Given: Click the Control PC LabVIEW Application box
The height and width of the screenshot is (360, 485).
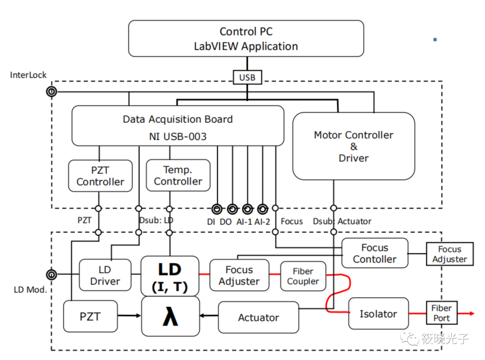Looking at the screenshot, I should coord(246,39).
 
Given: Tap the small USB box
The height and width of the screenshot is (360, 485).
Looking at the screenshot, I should coord(247,77).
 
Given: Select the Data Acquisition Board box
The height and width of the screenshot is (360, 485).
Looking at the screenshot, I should coord(178,126).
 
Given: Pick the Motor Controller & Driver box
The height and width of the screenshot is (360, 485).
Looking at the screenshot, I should coord(353,146).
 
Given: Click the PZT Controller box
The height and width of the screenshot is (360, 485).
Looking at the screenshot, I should coord(100,176).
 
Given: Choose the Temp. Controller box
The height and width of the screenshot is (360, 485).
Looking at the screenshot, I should coord(178,176).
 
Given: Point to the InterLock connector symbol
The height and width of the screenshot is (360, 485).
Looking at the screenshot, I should coord(51,92).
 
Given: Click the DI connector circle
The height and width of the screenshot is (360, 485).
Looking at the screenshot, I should coord(217,209).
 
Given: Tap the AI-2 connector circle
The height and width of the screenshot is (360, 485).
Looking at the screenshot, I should coord(263,209).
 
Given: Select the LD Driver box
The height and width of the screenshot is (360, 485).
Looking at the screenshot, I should coord(105,275).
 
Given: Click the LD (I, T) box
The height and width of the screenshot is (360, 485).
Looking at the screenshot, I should coord(170,276).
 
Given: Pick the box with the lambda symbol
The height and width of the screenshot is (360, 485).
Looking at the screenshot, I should coord(170,316).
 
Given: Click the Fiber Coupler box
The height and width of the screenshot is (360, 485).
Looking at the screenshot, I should coord(303,276).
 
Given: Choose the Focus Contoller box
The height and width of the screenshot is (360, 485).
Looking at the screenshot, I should coord(375,254).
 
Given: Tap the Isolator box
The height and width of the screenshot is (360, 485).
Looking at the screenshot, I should coord(378,314).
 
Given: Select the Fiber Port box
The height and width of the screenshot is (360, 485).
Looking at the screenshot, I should coord(441,313).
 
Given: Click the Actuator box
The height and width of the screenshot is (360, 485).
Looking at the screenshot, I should coord(258,317).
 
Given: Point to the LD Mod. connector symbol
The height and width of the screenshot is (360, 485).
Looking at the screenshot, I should coord(51,274).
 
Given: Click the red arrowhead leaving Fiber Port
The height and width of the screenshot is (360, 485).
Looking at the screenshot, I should coord(472,313).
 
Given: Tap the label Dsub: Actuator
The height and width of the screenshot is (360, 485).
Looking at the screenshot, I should coord(342,221).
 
